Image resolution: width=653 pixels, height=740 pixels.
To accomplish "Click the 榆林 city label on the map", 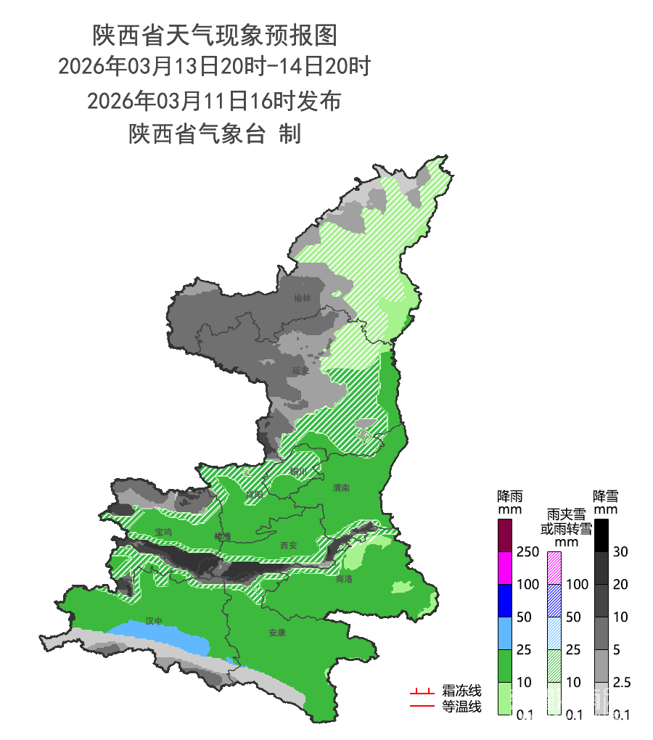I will (302, 298).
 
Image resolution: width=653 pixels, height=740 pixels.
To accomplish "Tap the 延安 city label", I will (300, 370).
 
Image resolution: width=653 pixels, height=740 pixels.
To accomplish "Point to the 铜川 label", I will (299, 472).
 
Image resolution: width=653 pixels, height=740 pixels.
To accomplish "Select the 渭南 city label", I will (341, 487).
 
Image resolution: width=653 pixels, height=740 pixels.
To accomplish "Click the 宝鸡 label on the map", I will (163, 532).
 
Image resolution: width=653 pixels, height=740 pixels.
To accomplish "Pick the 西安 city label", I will (288, 546).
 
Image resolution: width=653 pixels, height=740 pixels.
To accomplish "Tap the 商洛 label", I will (344, 579).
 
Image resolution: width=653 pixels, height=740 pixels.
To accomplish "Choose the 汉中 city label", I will (154, 621).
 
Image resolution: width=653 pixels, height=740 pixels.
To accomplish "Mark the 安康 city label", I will (277, 633).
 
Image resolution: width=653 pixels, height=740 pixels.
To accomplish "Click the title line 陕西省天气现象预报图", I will (215, 34).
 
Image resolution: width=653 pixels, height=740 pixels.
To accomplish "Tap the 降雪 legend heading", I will (605, 497).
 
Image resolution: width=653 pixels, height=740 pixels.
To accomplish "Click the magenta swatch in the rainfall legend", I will (505, 568).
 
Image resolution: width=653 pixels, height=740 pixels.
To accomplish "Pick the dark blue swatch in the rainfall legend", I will (505, 600).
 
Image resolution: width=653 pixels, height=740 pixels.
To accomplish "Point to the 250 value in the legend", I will (527, 552).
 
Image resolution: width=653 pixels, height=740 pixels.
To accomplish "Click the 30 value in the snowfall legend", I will (620, 552).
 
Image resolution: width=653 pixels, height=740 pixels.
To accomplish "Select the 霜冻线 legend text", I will (461, 691).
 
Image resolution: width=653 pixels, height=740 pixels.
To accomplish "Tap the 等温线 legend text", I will (461, 706).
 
